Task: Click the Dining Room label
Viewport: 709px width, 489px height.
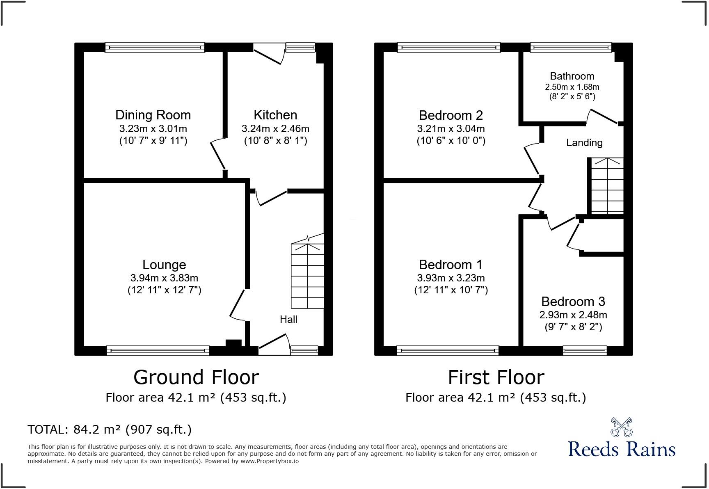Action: (153, 115)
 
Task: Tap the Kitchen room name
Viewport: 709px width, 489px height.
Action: (275, 115)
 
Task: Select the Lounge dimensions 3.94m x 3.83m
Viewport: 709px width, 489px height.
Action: (164, 278)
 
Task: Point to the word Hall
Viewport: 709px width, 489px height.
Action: (288, 320)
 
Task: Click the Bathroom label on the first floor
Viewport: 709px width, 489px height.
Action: (572, 76)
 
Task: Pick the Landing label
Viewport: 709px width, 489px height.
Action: (584, 143)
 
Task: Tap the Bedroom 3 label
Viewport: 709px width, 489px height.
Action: (573, 302)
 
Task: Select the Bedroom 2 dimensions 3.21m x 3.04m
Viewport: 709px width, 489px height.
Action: (451, 128)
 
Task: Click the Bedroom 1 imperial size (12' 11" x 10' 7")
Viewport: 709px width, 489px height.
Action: (451, 290)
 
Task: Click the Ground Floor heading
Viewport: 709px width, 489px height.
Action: (196, 377)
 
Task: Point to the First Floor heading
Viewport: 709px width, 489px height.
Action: (496, 377)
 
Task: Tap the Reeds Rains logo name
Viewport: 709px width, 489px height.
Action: (621, 449)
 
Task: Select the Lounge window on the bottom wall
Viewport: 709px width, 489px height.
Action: (158, 350)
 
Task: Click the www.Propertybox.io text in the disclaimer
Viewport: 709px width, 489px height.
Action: (270, 461)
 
